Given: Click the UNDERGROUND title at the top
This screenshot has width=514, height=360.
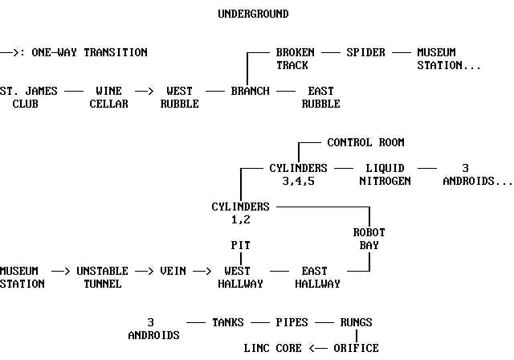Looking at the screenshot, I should pyautogui.click(x=253, y=14).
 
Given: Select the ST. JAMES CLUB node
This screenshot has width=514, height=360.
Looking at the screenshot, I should pyautogui.click(x=29, y=97).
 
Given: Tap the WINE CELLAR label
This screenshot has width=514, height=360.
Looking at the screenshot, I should pyautogui.click(x=108, y=97).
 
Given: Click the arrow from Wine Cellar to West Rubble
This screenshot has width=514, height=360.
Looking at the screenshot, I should pyautogui.click(x=144, y=91).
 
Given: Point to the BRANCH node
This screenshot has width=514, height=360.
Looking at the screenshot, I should pyautogui.click(x=250, y=91).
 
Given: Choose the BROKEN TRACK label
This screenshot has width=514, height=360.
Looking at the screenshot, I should pyautogui.click(x=295, y=59).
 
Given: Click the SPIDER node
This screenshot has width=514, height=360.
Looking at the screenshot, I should pyautogui.click(x=365, y=52).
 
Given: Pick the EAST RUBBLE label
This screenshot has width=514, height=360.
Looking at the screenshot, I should pyautogui.click(x=320, y=97).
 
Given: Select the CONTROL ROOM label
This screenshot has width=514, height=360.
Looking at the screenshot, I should pyautogui.click(x=365, y=142).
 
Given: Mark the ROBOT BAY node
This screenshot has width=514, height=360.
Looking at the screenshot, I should pyautogui.click(x=369, y=239).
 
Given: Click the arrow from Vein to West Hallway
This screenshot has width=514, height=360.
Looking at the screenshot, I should pyautogui.click(x=202, y=271).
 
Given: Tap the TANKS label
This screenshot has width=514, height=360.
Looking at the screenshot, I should pyautogui.click(x=227, y=322).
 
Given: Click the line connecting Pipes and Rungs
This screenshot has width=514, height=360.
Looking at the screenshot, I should pyautogui.click(x=324, y=322).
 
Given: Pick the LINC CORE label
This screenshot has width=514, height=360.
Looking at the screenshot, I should pyautogui.click(x=272, y=348).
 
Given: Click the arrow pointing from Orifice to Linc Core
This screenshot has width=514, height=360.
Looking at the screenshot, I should pyautogui.click(x=317, y=348).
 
